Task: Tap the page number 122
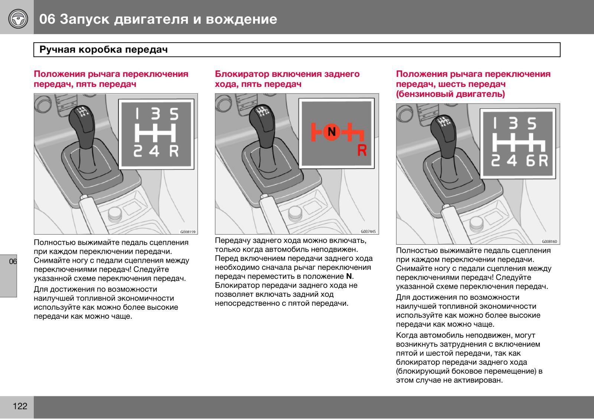pyautogui.click(x=20, y=406)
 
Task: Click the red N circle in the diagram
pyautogui.click(x=332, y=131)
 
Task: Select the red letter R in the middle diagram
pyautogui.click(x=362, y=150)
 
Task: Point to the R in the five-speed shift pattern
pyautogui.click(x=174, y=151)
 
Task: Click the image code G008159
pyautogui.click(x=187, y=232)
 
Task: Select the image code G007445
pyautogui.click(x=368, y=232)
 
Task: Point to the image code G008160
pyautogui.click(x=549, y=242)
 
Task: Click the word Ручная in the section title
pyautogui.click(x=56, y=50)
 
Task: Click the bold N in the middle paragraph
pyautogui.click(x=349, y=276)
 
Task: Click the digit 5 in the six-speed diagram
pyautogui.click(x=532, y=124)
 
